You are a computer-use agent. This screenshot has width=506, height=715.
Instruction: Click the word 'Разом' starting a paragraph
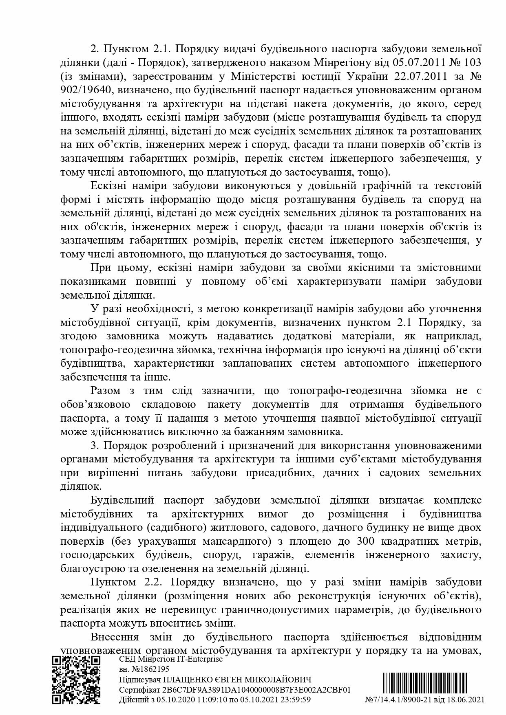[106, 391]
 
